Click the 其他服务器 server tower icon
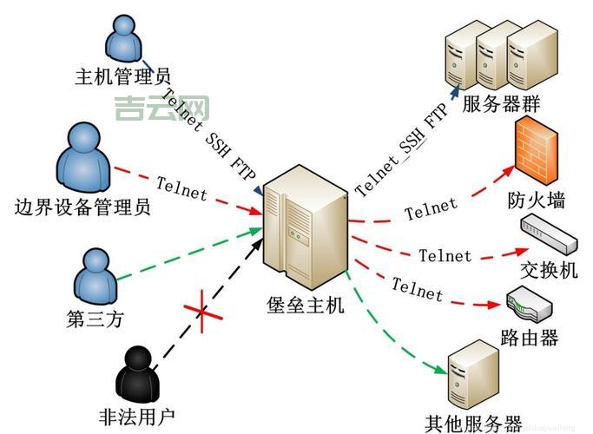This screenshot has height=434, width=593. (473, 376)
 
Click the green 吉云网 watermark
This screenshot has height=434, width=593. (162, 108)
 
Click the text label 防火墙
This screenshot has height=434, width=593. (537, 201)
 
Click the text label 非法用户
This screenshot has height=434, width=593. (136, 416)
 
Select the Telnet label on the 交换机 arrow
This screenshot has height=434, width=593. (445, 255)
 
